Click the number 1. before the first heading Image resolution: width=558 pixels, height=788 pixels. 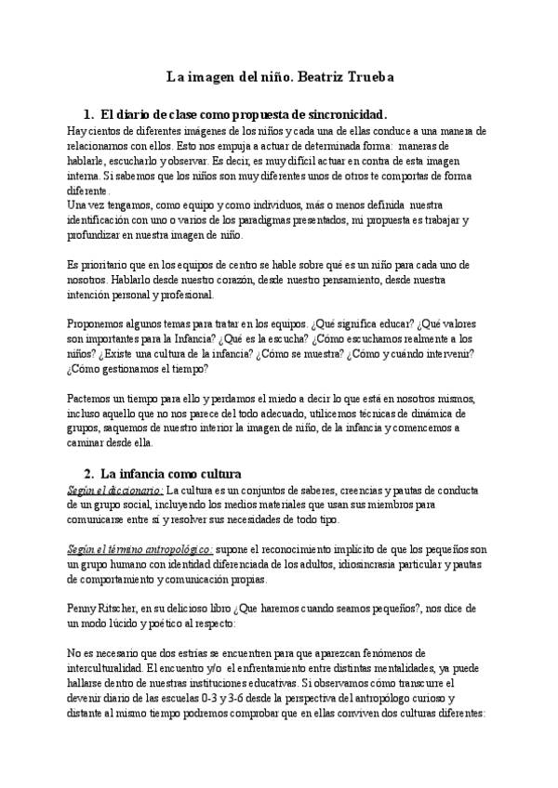(x=88, y=114)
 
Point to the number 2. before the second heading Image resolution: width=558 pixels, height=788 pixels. (x=88, y=472)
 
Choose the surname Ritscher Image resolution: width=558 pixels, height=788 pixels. (x=125, y=607)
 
